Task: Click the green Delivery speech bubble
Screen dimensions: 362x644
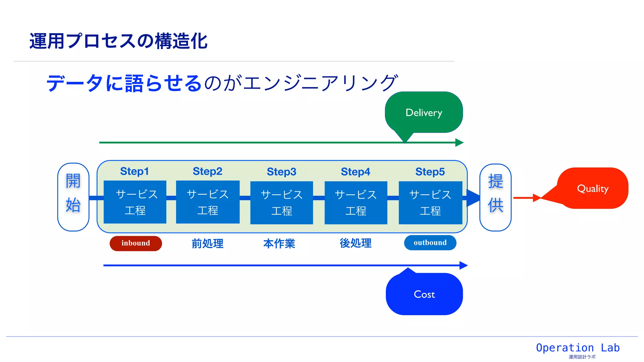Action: click(x=424, y=112)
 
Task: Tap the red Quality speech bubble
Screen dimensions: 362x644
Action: click(x=593, y=189)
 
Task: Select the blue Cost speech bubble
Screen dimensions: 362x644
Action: click(x=424, y=294)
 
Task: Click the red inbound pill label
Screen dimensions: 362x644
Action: click(x=136, y=243)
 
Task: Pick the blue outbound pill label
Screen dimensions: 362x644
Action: click(x=430, y=243)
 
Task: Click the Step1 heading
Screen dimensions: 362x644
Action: click(x=134, y=171)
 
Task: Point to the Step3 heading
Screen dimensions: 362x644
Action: click(x=281, y=172)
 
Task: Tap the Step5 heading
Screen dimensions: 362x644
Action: click(x=430, y=172)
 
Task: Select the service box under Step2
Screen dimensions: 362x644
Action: click(x=208, y=202)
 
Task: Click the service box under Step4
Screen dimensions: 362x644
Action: click(x=356, y=203)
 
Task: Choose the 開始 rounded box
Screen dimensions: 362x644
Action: click(x=73, y=197)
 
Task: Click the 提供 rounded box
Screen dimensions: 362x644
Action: click(x=495, y=197)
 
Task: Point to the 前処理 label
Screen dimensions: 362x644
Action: click(x=208, y=244)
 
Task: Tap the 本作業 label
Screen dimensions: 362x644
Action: click(x=279, y=244)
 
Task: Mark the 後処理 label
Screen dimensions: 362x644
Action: click(x=356, y=243)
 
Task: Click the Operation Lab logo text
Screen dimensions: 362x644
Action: click(x=578, y=348)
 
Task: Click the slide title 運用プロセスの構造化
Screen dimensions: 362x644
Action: click(x=118, y=41)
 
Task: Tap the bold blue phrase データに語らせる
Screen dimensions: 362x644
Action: click(x=124, y=83)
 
